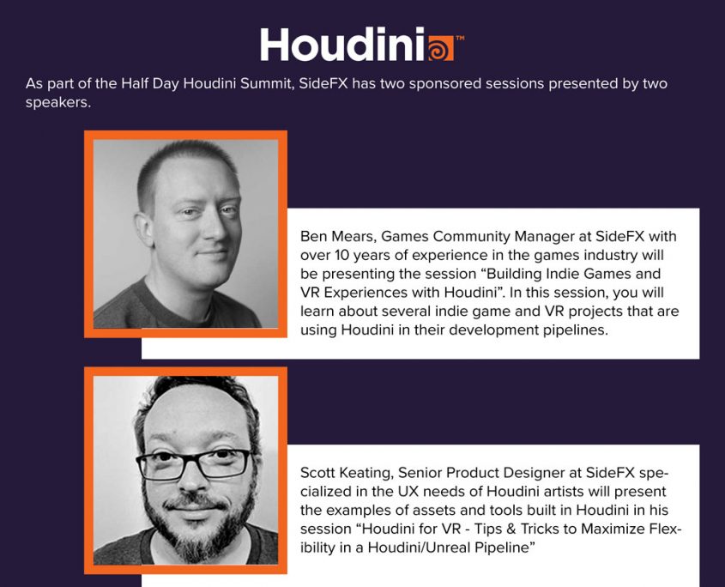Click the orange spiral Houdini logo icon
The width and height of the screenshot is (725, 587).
(x=440, y=48)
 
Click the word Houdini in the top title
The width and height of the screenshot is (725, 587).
(x=342, y=45)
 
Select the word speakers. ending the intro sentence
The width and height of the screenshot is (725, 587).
(x=57, y=103)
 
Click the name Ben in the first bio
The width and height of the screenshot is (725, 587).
(x=313, y=236)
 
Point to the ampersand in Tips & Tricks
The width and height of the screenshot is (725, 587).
(x=511, y=529)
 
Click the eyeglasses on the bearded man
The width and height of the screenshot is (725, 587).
(x=194, y=463)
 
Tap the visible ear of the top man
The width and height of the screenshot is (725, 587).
(x=143, y=230)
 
